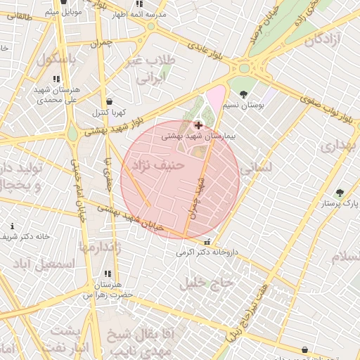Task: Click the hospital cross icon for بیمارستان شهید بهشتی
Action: pyautogui.click(x=198, y=125)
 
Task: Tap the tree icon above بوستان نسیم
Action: pyautogui.click(x=243, y=94)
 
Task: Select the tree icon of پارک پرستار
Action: pyautogui.click(x=340, y=193)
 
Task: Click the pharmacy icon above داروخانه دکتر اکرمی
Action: pyautogui.click(x=206, y=241)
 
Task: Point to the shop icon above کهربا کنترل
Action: pyautogui.click(x=109, y=101)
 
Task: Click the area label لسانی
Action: pyautogui.click(x=255, y=169)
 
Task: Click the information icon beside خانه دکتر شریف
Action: pyautogui.click(x=12, y=226)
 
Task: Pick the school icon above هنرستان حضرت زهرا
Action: pyautogui.click(x=108, y=273)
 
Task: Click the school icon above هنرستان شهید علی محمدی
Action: pyautogui.click(x=56, y=79)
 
